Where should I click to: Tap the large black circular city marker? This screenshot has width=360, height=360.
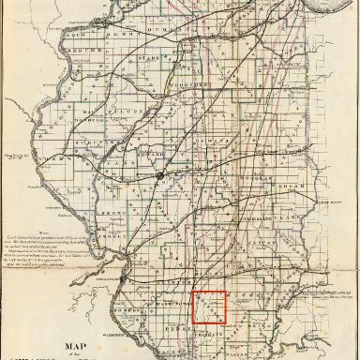[x=160, y=175]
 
